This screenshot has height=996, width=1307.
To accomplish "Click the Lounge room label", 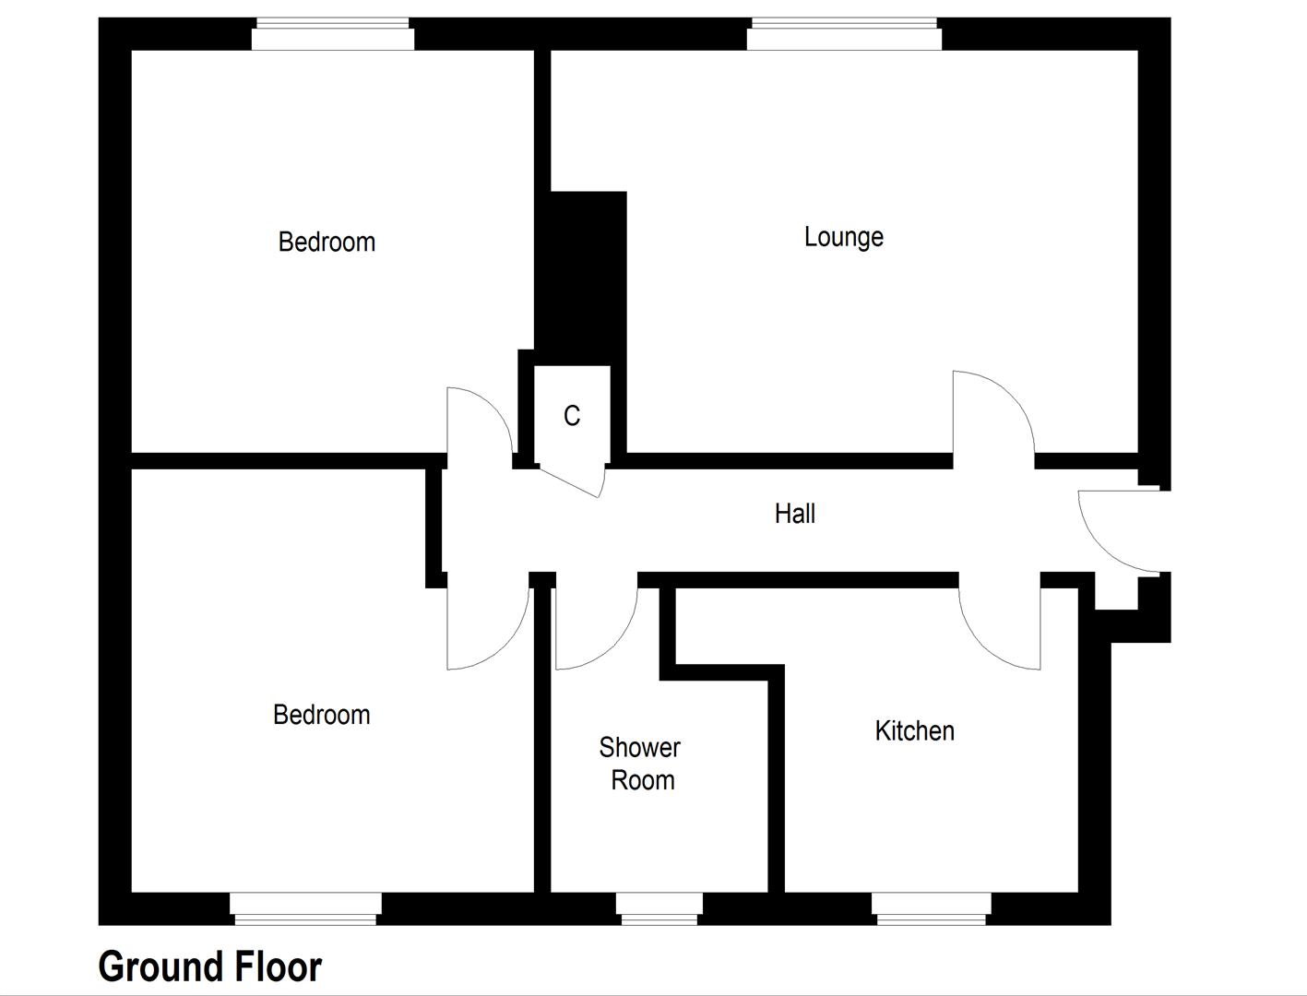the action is click(843, 237).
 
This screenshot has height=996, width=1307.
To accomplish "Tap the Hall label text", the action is click(794, 514).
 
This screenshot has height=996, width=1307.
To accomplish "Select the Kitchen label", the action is click(914, 730).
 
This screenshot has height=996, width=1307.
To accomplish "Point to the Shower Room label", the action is click(641, 764).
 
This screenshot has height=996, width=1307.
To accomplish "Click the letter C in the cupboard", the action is click(572, 416).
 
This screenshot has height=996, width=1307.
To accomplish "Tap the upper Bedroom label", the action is click(327, 242).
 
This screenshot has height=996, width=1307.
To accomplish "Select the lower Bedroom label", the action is click(321, 715).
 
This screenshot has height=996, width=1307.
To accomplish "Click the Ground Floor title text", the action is click(209, 966).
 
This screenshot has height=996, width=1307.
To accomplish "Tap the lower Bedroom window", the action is click(305, 907).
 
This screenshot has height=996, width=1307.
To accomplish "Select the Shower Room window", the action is click(659, 907).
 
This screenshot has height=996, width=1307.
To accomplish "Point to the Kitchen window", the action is click(931, 907).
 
